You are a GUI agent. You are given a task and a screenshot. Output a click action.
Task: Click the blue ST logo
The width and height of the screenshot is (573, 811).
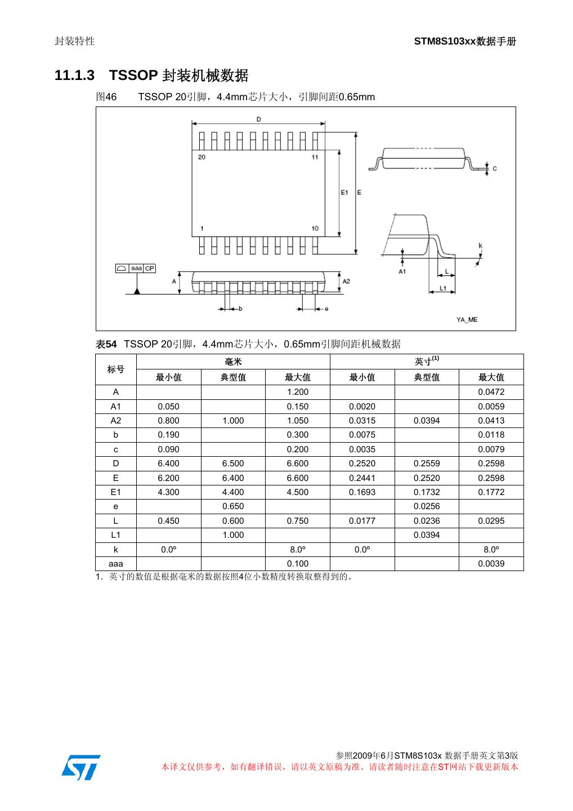pos(81,767)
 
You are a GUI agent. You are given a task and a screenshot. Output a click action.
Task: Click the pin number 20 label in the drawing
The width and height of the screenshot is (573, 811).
pos(202,157)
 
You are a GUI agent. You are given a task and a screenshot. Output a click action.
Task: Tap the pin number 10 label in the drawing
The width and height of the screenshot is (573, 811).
pos(315,228)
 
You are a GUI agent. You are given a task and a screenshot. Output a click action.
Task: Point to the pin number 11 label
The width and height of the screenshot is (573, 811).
pos(315,157)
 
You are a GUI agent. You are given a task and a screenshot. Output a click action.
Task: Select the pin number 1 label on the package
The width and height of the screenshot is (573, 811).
pos(202,228)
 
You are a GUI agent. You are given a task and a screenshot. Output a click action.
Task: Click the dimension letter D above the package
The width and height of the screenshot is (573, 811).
pos(258,119)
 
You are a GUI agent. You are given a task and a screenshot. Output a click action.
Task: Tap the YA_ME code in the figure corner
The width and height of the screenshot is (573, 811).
pos(467,319)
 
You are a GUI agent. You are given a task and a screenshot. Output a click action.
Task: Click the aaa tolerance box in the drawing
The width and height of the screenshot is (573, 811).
pos(136,269)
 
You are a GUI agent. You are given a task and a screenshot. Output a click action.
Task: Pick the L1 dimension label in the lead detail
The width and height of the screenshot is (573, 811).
pos(443,288)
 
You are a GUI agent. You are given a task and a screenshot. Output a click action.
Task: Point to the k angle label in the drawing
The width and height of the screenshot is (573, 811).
pos(480,246)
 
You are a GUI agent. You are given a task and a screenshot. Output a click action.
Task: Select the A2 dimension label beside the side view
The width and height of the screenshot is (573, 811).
pos(346,280)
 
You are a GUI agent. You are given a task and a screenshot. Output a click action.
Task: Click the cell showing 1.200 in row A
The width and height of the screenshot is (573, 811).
pos(297,392)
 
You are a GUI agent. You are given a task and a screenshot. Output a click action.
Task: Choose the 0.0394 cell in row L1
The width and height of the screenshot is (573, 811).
pos(427,535)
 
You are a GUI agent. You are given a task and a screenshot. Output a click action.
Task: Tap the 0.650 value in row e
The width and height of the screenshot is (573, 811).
pos(233,506)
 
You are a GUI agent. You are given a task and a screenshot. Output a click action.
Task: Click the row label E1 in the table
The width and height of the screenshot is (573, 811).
pos(116,492)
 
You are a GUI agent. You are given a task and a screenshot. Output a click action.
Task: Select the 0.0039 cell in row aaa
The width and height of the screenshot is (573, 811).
pos(491,564)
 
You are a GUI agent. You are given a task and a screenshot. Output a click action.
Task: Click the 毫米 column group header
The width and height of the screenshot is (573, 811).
pos(233,362)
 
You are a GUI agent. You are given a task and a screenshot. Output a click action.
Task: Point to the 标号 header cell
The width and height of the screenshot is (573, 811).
pos(116,369)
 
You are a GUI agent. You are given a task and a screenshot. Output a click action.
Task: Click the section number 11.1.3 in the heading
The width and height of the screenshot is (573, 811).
pos(74,75)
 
